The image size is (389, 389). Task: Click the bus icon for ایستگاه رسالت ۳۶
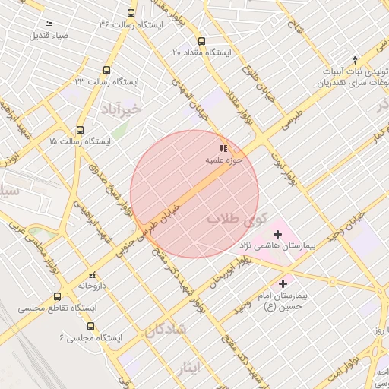pyautogui.click(x=131, y=13)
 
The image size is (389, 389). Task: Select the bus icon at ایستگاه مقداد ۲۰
pyautogui.click(x=201, y=42)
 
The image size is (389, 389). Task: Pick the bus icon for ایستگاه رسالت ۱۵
pyautogui.click(x=81, y=130)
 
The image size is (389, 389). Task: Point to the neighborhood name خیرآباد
pyautogui.click(x=121, y=109)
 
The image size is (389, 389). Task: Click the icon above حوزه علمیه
pyautogui.click(x=223, y=148)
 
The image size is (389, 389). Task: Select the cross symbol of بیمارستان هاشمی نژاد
pyautogui.click(x=277, y=234)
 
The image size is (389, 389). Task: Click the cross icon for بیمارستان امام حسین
pyautogui.click(x=283, y=283)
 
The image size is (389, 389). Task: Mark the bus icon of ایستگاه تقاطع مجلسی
pyautogui.click(x=58, y=297)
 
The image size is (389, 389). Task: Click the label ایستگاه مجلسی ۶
pyautogui.click(x=84, y=337)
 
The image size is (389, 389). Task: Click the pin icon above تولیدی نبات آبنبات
pyautogui.click(x=354, y=59)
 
